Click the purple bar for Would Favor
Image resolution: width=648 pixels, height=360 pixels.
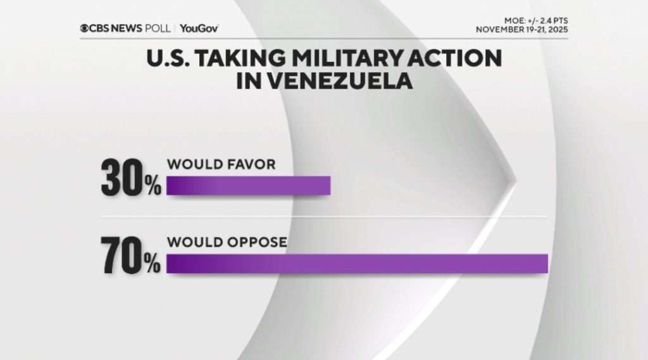(248, 185)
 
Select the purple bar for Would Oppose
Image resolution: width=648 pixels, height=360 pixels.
(357, 263)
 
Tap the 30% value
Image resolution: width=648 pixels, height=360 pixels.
(130, 180)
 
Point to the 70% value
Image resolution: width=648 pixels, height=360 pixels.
(130, 258)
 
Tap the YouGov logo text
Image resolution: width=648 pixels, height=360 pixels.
(199, 28)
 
